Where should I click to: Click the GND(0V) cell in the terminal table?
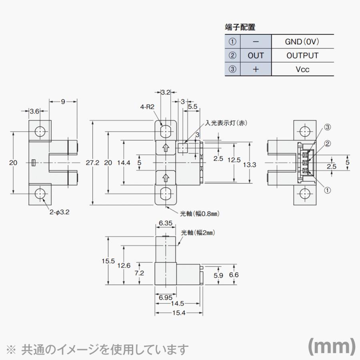[x=302, y=42]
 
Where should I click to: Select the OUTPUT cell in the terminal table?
[x=302, y=56]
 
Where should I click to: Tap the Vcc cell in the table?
[x=302, y=69]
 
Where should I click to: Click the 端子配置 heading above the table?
[x=240, y=27]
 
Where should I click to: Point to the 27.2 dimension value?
[x=92, y=163]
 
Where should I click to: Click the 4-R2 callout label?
[x=147, y=107]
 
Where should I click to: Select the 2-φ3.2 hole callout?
[x=60, y=212]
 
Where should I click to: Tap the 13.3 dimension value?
[x=250, y=165]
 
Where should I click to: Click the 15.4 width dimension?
[x=179, y=313]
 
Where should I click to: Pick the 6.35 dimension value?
[x=165, y=223]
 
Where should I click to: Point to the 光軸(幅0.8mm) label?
[x=200, y=214]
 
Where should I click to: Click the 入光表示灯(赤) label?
[x=226, y=123]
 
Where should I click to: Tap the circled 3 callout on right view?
[x=327, y=127]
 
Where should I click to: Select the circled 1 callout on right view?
[x=327, y=190]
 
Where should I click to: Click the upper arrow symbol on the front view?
[x=165, y=148]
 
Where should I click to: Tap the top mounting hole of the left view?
[x=40, y=132]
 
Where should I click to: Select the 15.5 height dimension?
[x=108, y=261]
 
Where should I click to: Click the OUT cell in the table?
[x=256, y=56]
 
